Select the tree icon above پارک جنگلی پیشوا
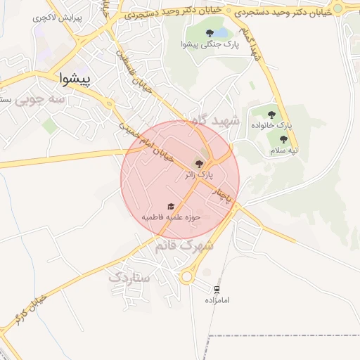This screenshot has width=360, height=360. [x=210, y=32]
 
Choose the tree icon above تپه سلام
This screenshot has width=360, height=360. [x=284, y=139]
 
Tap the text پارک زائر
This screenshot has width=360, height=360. [x=198, y=174]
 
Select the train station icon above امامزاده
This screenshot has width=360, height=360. [x=217, y=289]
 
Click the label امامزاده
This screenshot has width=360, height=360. [x=218, y=300]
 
